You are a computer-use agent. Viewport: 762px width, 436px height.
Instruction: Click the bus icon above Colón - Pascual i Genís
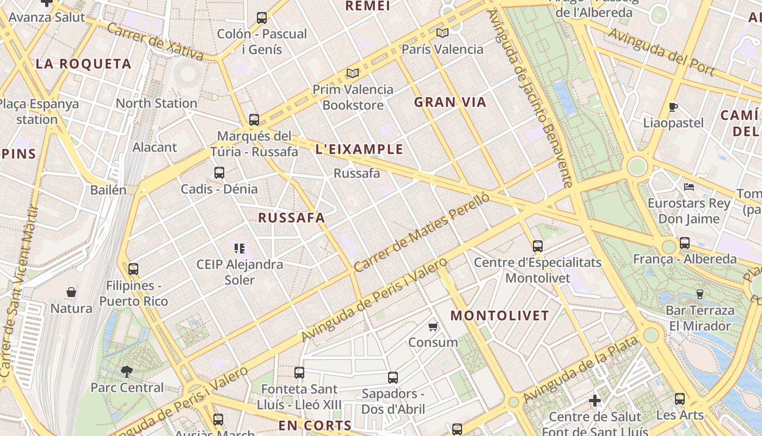tap(262, 18)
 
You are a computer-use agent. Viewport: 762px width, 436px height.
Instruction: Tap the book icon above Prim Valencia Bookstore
tap(353, 73)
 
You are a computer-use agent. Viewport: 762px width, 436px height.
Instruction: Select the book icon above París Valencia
tap(442, 33)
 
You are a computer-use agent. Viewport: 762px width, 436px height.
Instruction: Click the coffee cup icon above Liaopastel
tap(673, 107)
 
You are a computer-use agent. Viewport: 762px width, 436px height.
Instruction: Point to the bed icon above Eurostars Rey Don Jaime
tap(689, 187)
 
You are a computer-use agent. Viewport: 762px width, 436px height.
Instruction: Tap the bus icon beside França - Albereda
tap(685, 243)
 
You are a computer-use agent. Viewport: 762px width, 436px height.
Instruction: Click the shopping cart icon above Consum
tap(433, 326)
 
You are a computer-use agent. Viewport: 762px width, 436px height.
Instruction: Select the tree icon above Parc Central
tap(127, 372)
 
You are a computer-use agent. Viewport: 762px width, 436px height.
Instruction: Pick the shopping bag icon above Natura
tap(71, 293)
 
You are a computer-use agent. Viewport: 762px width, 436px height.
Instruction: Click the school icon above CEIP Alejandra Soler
tap(239, 249)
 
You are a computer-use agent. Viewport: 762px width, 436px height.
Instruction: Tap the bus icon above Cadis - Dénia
tap(219, 173)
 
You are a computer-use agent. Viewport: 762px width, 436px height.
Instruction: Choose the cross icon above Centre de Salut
tap(595, 401)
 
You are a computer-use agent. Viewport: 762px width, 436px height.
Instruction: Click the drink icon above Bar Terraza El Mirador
tap(700, 294)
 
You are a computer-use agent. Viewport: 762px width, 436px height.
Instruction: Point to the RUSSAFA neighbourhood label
tap(291, 218)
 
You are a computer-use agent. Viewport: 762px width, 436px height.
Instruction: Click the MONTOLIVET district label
tap(500, 316)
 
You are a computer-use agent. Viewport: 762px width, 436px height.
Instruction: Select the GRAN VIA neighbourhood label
tap(450, 102)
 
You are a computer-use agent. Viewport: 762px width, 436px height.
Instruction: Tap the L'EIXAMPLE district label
tap(359, 149)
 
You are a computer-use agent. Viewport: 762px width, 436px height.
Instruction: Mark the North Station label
tap(156, 103)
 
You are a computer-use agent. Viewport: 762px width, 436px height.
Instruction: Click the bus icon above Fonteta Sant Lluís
tap(299, 373)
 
